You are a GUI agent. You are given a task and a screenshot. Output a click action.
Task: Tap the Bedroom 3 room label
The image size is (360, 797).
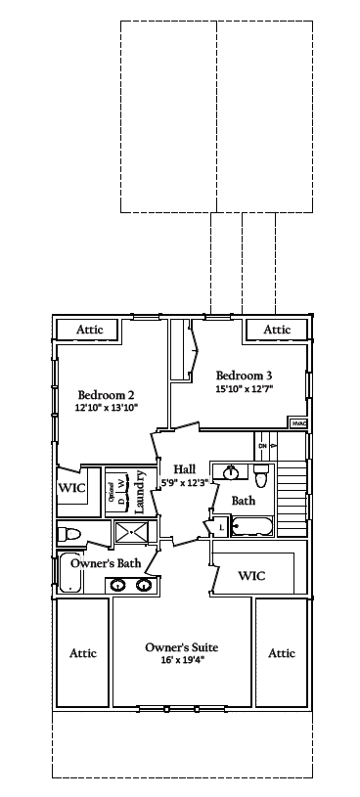[244, 376]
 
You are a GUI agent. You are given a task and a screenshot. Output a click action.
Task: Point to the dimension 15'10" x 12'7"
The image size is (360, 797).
[244, 388]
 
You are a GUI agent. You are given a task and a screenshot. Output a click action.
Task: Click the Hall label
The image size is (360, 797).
[185, 469]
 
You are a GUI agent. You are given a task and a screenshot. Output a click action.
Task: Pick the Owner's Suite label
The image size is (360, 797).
[181, 647]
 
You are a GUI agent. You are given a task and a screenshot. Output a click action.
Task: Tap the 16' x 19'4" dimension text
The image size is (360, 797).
[181, 660]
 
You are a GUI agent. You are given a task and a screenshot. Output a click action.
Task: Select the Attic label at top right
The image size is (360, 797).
[278, 330]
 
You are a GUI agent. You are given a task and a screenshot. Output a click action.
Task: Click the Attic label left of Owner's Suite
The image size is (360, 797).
[83, 653]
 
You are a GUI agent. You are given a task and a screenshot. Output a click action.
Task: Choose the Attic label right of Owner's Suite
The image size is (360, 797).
[282, 653]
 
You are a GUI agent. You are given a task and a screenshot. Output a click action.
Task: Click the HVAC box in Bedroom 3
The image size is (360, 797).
[296, 422]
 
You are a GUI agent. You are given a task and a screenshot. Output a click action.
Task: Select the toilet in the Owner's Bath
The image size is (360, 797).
[68, 534]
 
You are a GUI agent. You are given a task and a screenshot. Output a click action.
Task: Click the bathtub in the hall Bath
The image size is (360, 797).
[251, 528]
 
